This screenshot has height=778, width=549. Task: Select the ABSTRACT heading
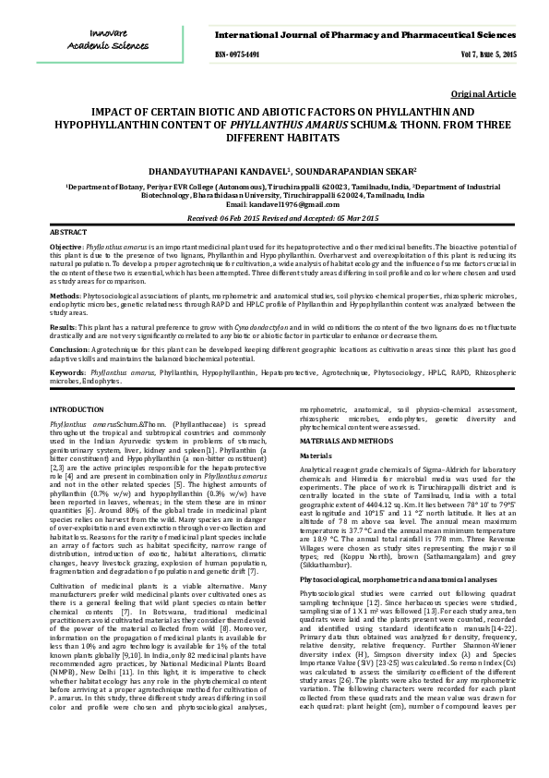67,231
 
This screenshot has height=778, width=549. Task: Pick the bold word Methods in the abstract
65,295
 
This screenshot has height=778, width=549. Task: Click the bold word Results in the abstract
63,327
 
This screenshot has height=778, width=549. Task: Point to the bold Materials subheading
316,456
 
